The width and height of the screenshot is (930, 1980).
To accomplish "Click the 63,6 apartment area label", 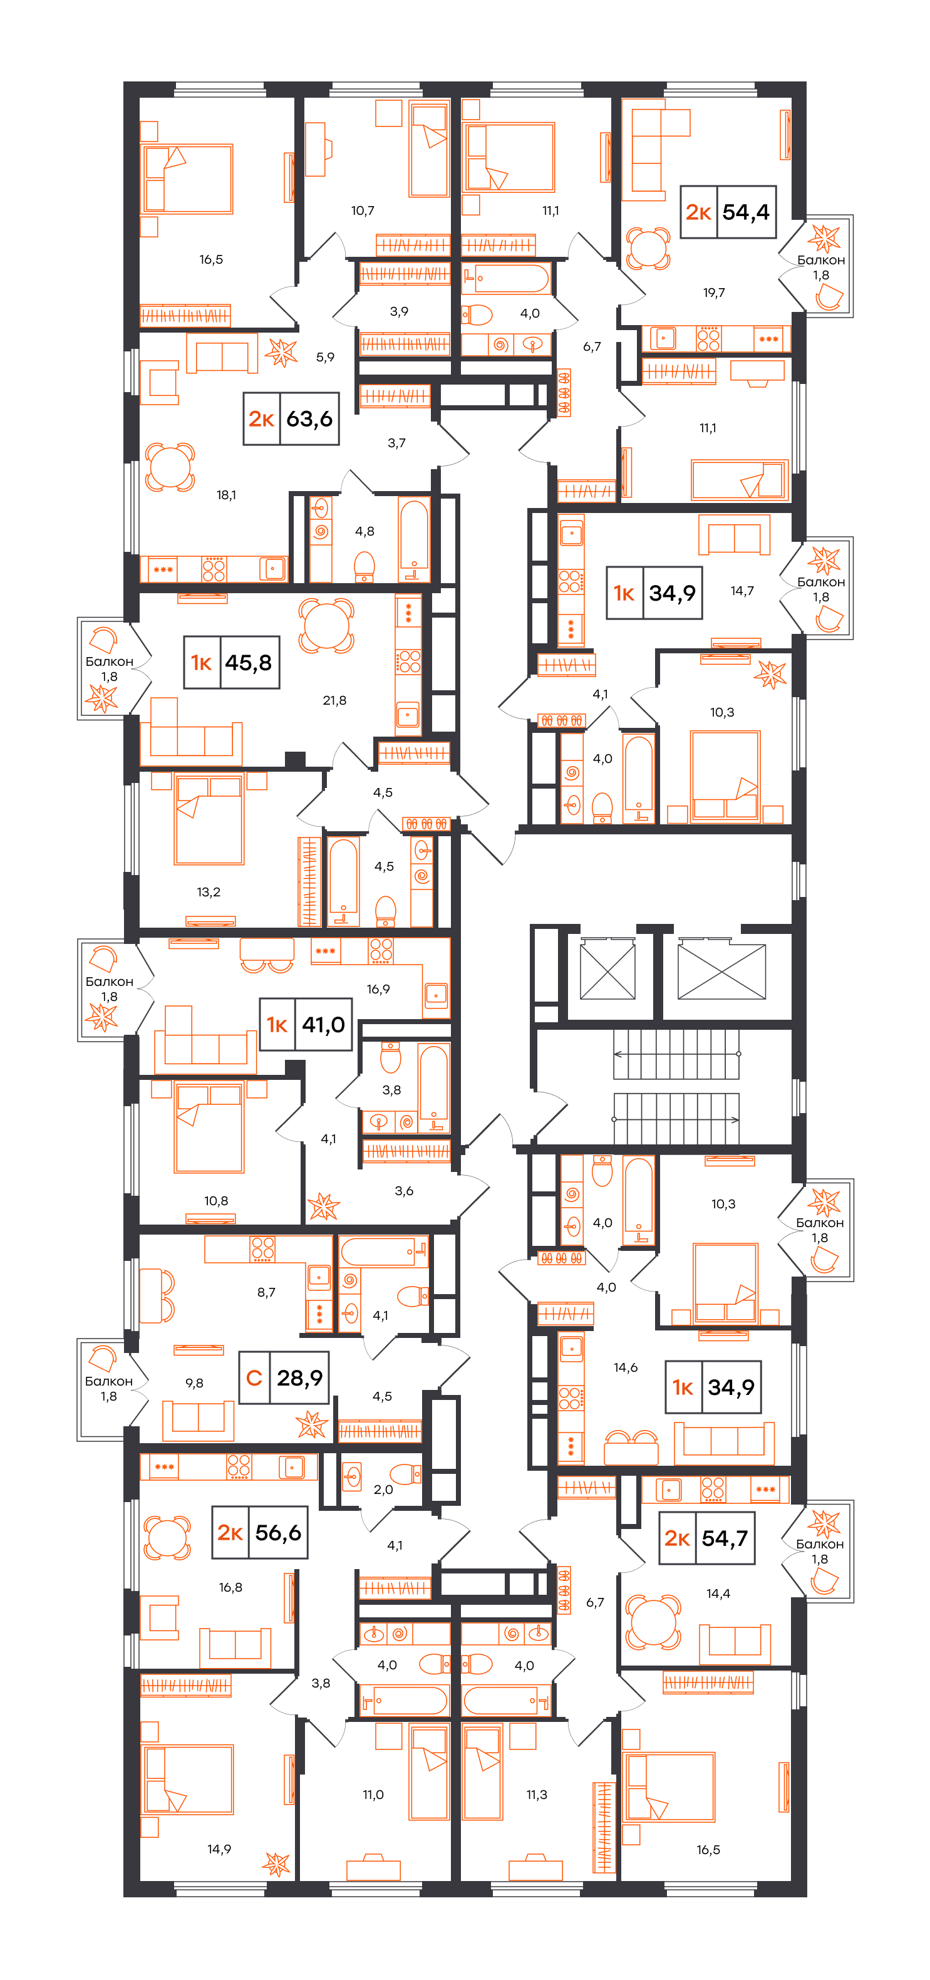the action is [x=310, y=419].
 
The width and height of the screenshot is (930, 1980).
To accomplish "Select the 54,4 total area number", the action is [x=745, y=212].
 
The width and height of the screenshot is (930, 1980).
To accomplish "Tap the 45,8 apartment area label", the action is [x=248, y=663].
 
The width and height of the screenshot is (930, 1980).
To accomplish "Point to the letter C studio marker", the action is [x=254, y=1378].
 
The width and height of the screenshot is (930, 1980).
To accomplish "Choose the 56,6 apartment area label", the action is [x=278, y=1533].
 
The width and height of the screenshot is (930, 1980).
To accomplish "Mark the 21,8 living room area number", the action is [x=334, y=700].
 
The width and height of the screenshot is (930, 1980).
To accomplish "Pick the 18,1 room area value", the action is [x=226, y=495].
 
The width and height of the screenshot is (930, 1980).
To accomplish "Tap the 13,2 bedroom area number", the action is [x=209, y=891].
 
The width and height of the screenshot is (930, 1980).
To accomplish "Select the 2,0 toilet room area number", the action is [x=383, y=1490].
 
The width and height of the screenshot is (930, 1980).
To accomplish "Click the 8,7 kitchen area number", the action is [x=267, y=1292].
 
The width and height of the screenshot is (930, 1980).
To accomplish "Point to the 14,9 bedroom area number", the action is [x=219, y=1849].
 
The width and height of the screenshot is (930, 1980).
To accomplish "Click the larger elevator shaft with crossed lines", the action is [x=721, y=972].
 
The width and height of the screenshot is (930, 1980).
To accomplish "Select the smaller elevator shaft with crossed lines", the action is [x=607, y=972].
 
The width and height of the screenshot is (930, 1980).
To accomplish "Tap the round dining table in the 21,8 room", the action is [x=327, y=626].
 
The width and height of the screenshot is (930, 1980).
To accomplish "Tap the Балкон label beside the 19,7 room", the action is [x=821, y=261].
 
